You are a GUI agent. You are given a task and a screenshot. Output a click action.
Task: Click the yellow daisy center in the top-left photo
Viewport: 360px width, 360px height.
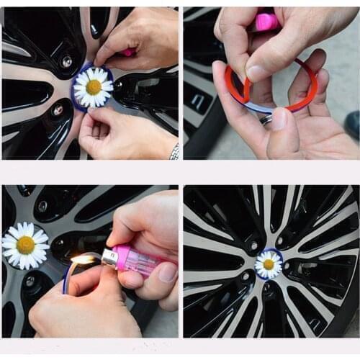coord(94,86)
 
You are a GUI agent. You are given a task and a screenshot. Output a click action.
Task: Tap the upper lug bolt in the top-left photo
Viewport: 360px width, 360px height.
coord(66,62)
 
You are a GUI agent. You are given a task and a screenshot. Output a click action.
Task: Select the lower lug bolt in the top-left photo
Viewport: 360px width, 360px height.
coord(58,110)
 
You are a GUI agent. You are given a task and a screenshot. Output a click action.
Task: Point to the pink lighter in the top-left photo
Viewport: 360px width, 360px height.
coord(128,53)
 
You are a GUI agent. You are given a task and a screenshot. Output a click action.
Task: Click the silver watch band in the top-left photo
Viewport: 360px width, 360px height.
coord(174,151)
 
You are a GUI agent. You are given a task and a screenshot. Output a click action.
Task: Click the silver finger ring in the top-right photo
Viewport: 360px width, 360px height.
coord(266,120)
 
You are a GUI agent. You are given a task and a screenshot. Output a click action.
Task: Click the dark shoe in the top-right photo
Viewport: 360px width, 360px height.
coord(352,124)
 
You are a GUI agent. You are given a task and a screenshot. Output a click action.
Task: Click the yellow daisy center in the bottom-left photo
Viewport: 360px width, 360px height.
coord(26,245)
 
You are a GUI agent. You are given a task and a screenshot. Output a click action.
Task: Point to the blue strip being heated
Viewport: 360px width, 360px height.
coord(67,277)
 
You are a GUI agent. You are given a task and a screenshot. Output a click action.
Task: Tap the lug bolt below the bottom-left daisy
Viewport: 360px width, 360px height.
coord(30,282)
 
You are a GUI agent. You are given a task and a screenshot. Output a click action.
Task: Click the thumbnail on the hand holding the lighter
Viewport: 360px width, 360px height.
coord(167,272)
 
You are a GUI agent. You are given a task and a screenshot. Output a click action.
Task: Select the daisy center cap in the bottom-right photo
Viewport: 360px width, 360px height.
coord(269,264)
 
